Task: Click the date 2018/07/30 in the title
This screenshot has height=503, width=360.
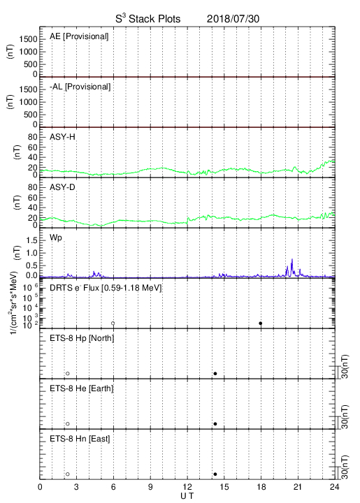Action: pyautogui.click(x=233, y=19)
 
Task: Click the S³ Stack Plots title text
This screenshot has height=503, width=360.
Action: pyautogui.click(x=148, y=19)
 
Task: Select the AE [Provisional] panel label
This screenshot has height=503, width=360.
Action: pyautogui.click(x=79, y=36)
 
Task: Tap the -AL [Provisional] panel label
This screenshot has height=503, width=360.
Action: pyautogui.click(x=80, y=87)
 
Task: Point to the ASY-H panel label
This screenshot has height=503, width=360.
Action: pyautogui.click(x=62, y=137)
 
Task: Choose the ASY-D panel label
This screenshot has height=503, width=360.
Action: pyautogui.click(x=62, y=187)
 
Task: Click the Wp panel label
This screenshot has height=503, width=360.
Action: pyautogui.click(x=55, y=238)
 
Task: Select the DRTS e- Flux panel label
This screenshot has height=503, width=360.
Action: pyautogui.click(x=106, y=288)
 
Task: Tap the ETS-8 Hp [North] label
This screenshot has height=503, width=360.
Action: pyautogui.click(x=82, y=338)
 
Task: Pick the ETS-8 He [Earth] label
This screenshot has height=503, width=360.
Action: pyautogui.click(x=82, y=388)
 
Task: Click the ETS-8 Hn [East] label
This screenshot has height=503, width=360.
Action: pyautogui.click(x=80, y=439)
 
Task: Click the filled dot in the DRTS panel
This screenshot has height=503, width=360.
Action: pyautogui.click(x=261, y=323)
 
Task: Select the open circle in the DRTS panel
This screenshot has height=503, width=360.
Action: pyautogui.click(x=113, y=323)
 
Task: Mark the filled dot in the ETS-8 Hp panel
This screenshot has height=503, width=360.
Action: pyautogui.click(x=215, y=373)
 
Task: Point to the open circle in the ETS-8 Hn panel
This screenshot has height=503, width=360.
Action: pyautogui.click(x=67, y=474)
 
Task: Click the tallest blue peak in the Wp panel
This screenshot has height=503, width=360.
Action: pyautogui.click(x=292, y=259)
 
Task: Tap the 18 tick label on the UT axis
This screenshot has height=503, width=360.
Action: pyautogui.click(x=261, y=487)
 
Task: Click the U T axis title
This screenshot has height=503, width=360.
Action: pyautogui.click(x=187, y=496)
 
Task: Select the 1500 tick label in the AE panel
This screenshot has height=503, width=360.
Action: pyautogui.click(x=28, y=39)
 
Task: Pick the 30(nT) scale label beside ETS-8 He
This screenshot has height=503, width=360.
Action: pyautogui.click(x=345, y=417)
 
